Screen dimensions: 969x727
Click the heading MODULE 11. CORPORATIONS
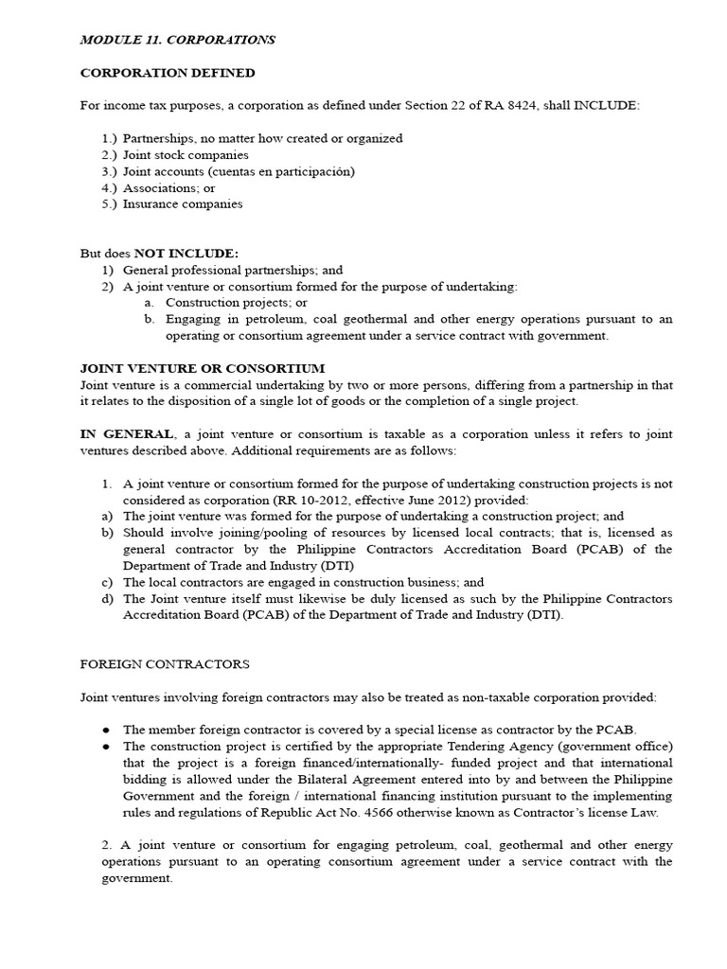click(178, 40)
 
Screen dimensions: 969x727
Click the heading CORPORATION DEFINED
click(168, 73)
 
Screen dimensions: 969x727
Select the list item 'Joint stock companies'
click(186, 154)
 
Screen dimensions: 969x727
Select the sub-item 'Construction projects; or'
click(237, 303)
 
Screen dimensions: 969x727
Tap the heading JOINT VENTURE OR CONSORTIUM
click(203, 368)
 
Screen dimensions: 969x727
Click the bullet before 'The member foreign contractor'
click(106, 730)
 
